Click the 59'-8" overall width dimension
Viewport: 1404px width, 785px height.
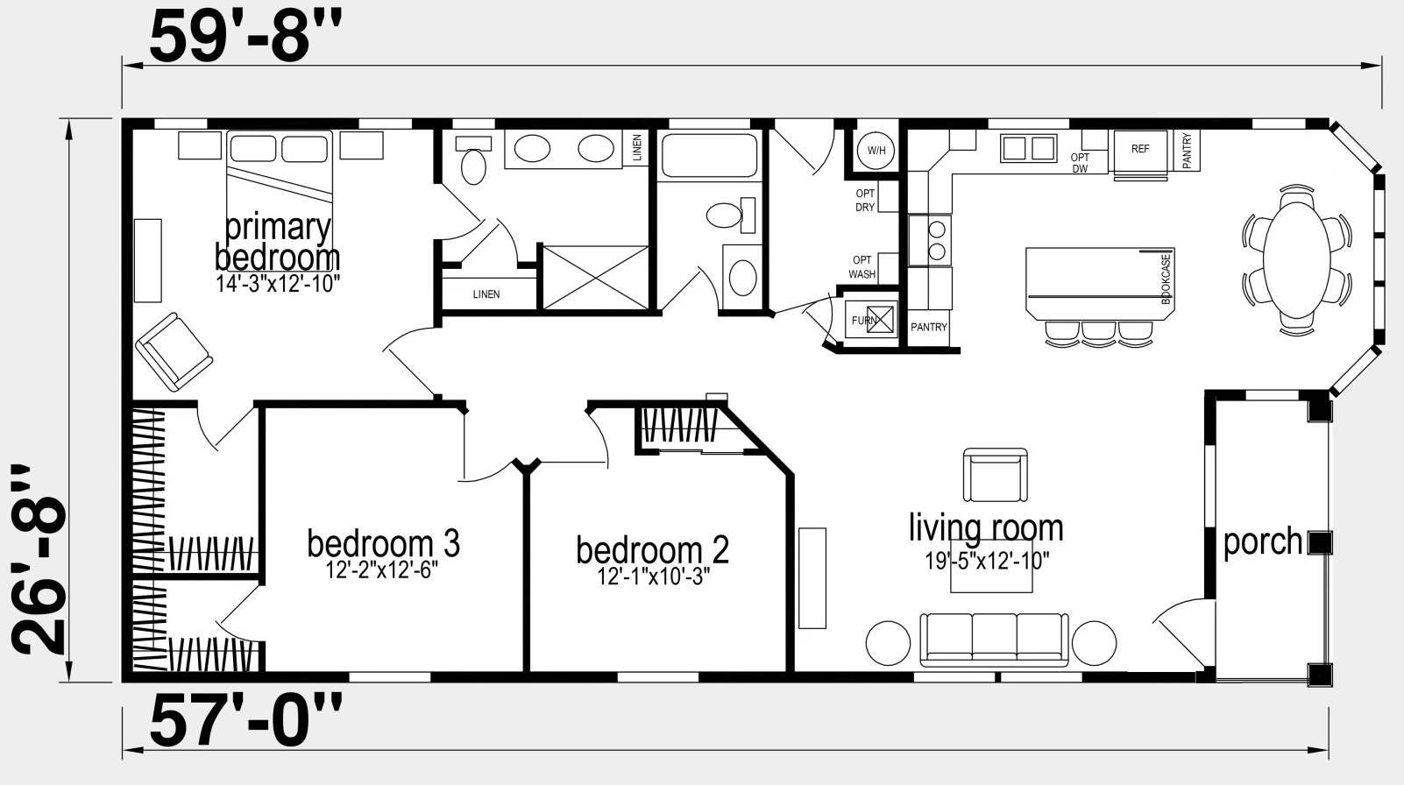coord(245,36)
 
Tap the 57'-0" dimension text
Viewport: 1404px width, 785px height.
coord(245,720)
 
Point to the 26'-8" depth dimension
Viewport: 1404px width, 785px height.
coord(38,560)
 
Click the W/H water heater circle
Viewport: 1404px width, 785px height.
coord(876,151)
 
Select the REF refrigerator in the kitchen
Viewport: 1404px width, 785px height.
coord(1140,151)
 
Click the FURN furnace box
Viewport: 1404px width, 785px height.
coord(871,320)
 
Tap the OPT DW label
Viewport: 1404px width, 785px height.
coord(1080,163)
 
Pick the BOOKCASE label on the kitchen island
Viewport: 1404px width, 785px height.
coord(1166,279)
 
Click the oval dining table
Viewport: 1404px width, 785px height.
coord(1297,260)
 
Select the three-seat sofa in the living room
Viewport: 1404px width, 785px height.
coord(994,640)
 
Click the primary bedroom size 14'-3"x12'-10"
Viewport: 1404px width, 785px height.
coord(278,284)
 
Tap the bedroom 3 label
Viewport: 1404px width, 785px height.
coord(384,543)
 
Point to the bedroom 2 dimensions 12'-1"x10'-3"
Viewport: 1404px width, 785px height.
coord(653,576)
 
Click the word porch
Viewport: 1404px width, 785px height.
coord(1263,542)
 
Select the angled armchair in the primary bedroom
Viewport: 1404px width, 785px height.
coord(174,352)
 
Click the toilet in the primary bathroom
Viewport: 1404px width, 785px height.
coord(473,160)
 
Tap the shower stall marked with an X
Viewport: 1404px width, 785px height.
coord(595,278)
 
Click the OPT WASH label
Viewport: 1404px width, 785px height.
coord(862,267)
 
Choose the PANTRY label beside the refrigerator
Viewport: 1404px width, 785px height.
coord(1186,151)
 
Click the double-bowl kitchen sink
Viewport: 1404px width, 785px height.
coord(1028,148)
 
